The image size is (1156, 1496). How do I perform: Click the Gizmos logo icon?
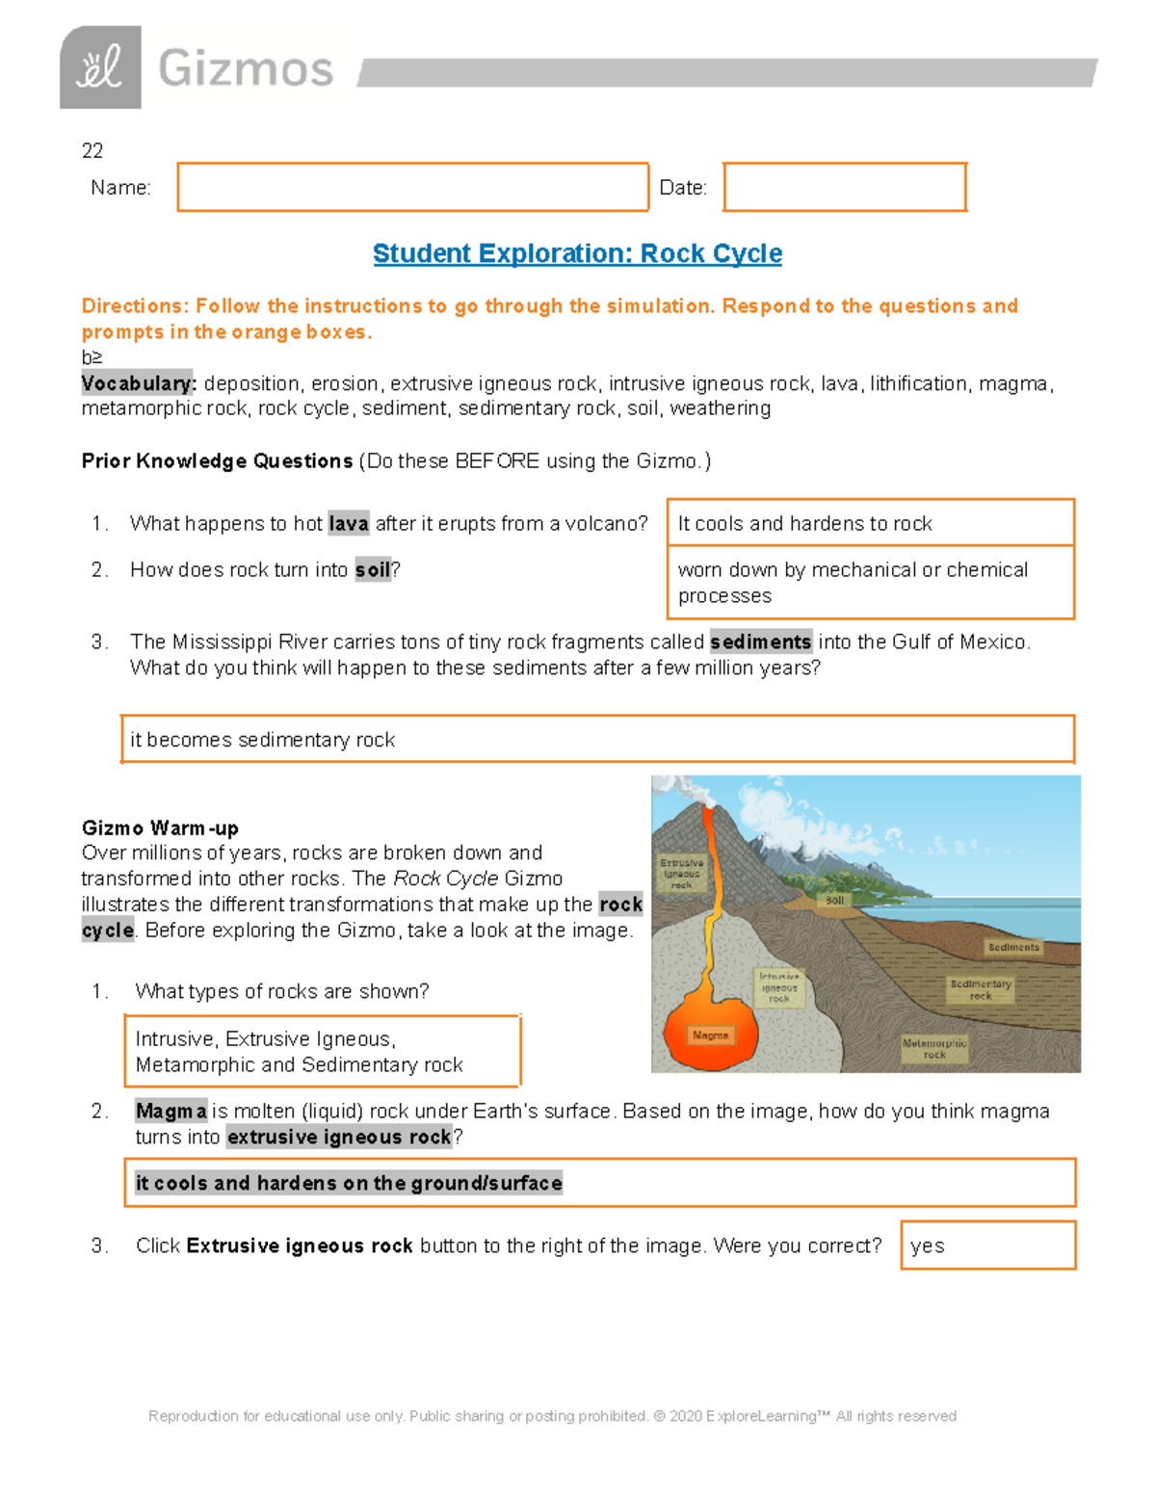100,67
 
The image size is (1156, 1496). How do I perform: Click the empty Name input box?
412,187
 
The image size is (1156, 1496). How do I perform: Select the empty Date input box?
844,187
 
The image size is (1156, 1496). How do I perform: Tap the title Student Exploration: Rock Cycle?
577,253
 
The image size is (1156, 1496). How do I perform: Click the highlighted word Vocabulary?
139,383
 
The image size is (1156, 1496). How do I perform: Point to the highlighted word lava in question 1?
348,524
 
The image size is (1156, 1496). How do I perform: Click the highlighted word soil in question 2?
373,570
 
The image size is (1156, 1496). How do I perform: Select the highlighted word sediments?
760,643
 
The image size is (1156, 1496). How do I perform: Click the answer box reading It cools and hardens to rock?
870,523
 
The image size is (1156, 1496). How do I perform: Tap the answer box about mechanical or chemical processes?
870,583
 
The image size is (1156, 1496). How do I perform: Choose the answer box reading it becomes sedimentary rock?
597,740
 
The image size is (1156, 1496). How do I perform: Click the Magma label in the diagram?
710,1036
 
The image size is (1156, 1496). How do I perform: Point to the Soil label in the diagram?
834,901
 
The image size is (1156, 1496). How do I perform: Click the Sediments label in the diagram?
1012,948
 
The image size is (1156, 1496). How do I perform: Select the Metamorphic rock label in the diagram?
933,1049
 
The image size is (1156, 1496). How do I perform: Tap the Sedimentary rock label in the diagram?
980,990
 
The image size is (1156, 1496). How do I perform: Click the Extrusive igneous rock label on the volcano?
681,874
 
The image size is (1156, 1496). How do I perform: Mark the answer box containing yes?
987,1246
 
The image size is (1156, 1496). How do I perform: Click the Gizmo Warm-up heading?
160,828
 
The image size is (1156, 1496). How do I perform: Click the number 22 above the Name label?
92,150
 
